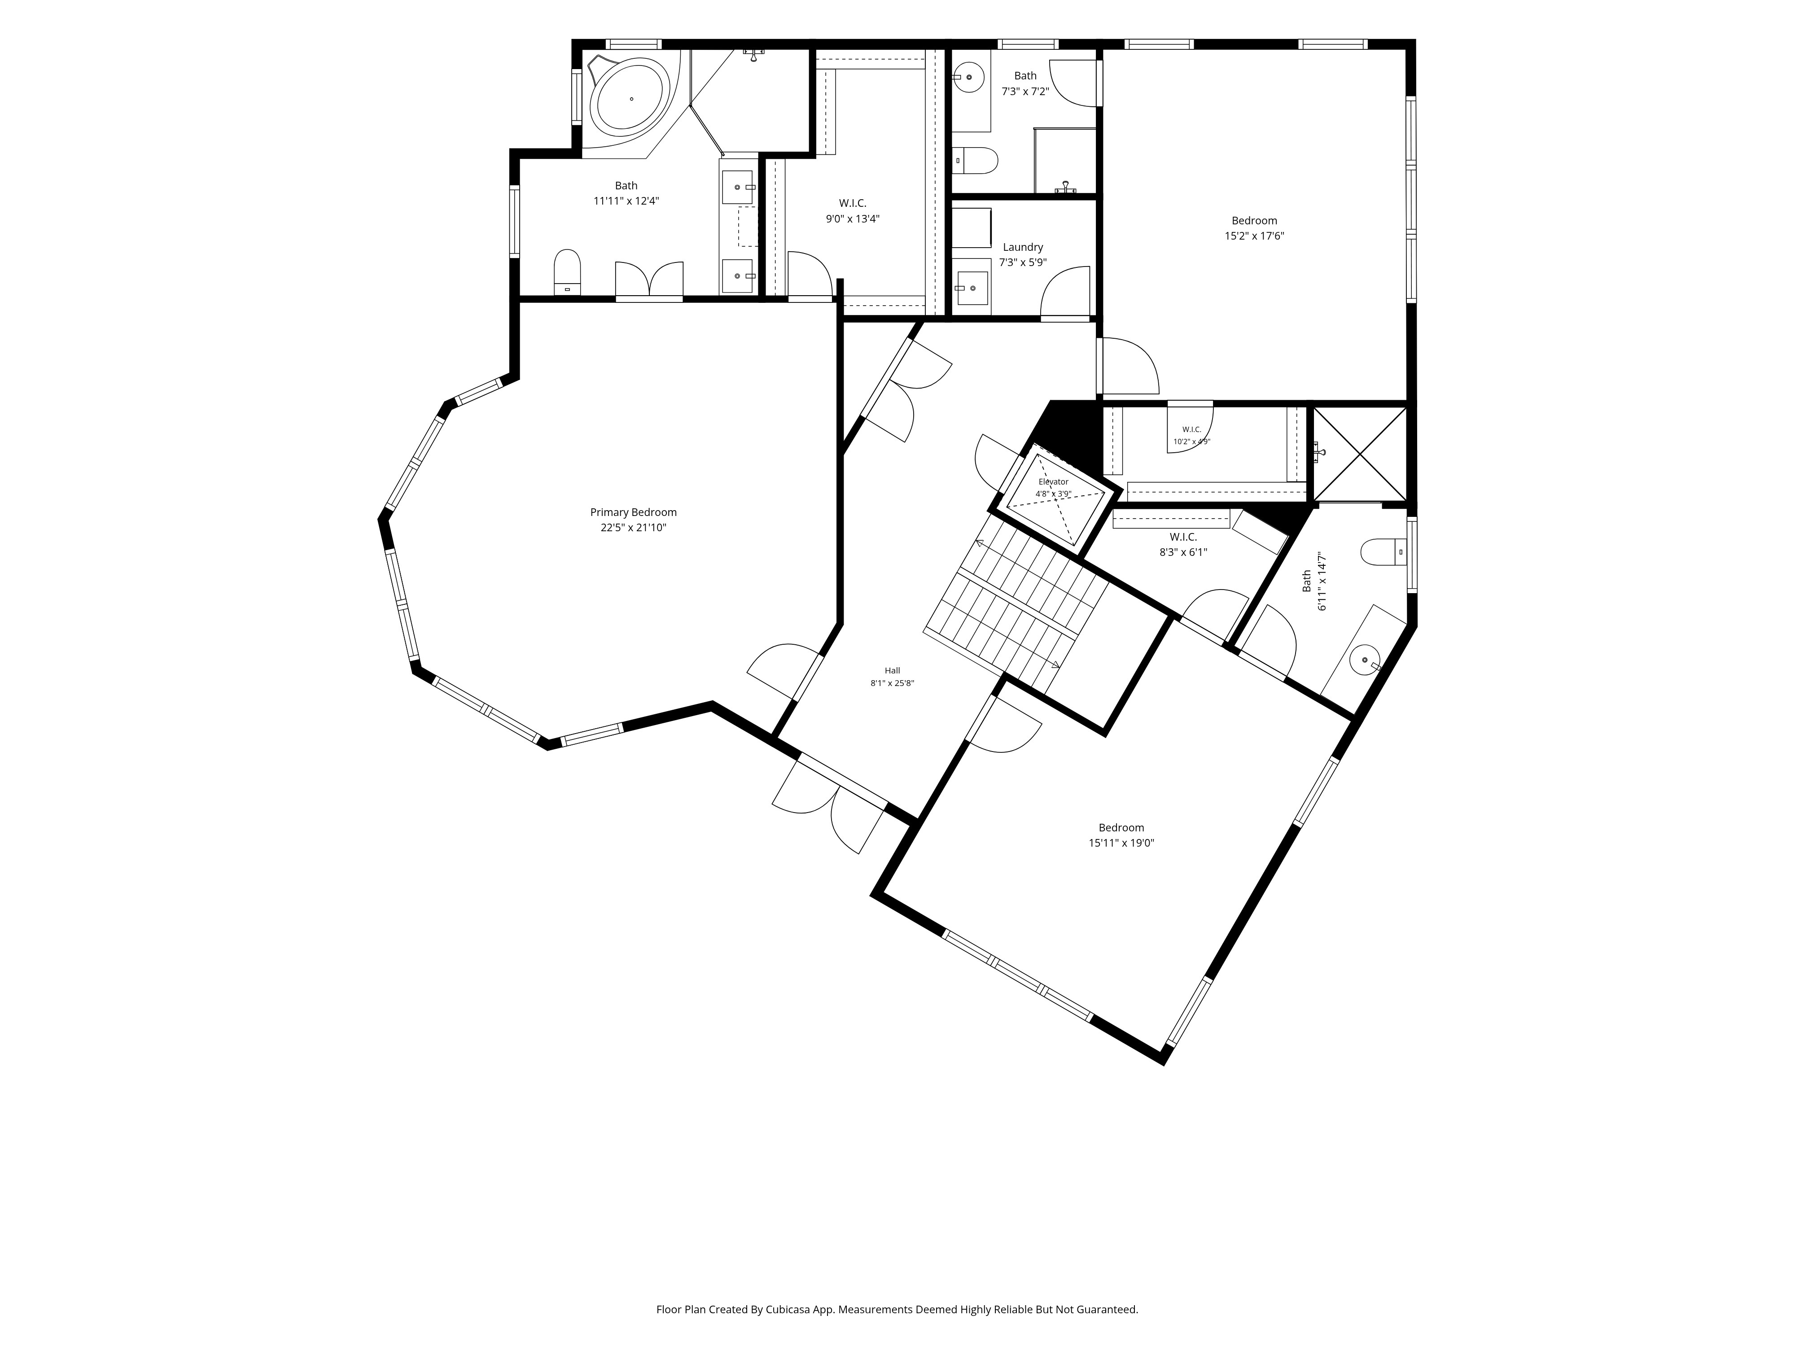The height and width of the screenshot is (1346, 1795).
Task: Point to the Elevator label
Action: (x=1053, y=482)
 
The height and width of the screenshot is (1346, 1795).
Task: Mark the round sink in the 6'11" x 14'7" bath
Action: (x=1365, y=660)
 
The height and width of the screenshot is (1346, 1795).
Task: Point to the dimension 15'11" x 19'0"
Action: (x=1121, y=843)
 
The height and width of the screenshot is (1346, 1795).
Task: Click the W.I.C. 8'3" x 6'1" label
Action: (x=1183, y=544)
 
